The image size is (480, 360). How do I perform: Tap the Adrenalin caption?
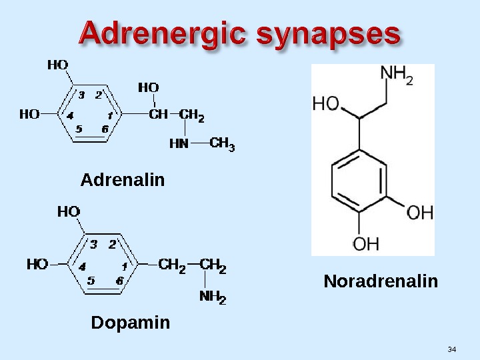coord(122,180)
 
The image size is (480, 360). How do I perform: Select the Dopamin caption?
coord(130,323)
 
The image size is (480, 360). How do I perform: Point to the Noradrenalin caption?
coord(381,281)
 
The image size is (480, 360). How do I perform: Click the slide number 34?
coord(452,350)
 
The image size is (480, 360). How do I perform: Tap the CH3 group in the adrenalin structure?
coord(223,144)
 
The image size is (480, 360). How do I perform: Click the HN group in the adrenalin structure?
coord(179,144)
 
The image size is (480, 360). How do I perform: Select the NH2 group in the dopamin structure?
coord(213,298)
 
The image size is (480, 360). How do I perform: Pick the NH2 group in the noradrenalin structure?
coord(397,77)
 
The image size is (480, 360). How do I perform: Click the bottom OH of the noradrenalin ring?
coord(365,244)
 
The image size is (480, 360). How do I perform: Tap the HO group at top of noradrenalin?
coord(326,104)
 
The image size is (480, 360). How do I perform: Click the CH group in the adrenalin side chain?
coord(158,115)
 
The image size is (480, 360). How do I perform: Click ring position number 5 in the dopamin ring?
coord(91,281)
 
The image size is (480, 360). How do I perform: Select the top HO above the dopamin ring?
coord(69,211)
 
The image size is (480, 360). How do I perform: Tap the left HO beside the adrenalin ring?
coord(29,114)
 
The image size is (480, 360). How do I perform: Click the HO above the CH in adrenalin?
coord(148,87)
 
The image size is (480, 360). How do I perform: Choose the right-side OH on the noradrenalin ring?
coord(420,213)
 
